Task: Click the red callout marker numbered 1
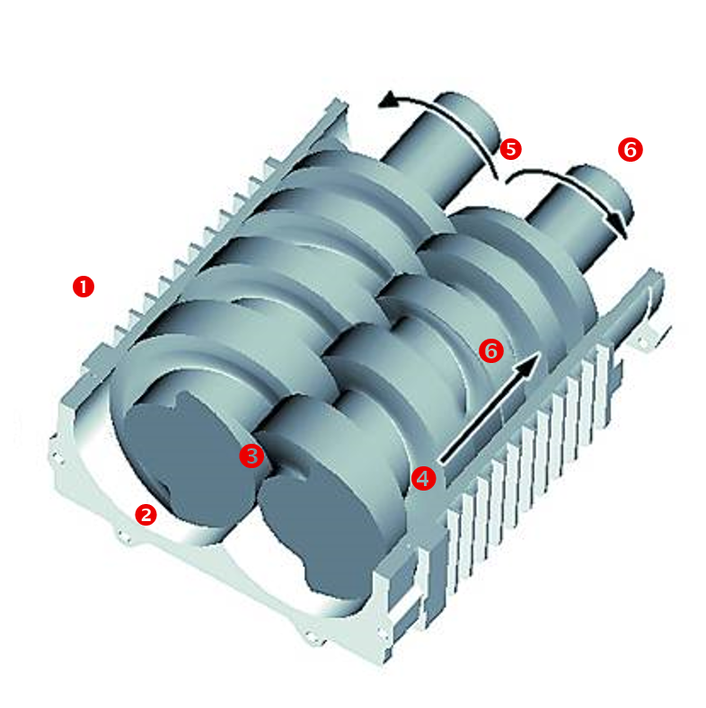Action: [x=83, y=287]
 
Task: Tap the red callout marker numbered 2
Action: [x=146, y=514]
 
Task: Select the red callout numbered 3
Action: [x=251, y=456]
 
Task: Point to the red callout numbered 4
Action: [x=424, y=478]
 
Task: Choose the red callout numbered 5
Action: [x=511, y=148]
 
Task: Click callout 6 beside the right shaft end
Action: [x=631, y=149]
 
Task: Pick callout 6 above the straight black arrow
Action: [x=490, y=350]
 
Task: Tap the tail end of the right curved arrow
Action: [x=510, y=180]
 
